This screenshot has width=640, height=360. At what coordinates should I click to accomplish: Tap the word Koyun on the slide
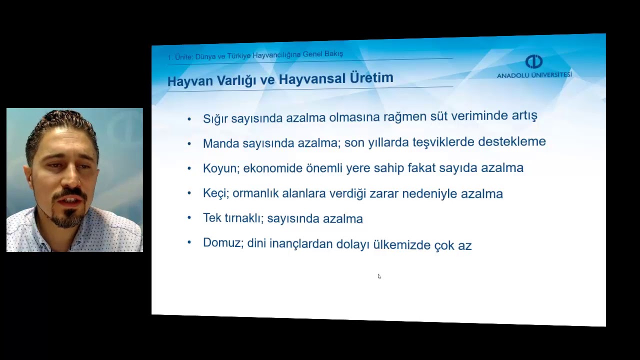tap(219, 168)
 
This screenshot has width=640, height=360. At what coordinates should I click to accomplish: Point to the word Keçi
tap(215, 193)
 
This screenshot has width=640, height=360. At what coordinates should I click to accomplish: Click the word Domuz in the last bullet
tap(222, 243)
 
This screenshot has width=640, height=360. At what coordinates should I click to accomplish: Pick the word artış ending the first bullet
tap(524, 116)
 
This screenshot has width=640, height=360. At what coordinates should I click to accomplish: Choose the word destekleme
tap(511, 141)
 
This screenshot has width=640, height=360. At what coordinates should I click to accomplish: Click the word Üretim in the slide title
tap(372, 78)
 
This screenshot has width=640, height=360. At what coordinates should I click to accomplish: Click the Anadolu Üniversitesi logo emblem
tap(534, 62)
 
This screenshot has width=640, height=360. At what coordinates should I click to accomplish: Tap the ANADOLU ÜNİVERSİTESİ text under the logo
tap(534, 75)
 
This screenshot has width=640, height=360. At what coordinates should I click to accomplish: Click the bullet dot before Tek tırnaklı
tap(189, 218)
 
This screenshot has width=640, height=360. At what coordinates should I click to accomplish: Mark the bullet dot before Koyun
tap(189, 168)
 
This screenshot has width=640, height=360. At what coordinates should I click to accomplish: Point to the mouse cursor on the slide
tap(379, 276)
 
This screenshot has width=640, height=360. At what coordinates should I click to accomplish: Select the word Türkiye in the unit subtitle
tap(238, 56)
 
